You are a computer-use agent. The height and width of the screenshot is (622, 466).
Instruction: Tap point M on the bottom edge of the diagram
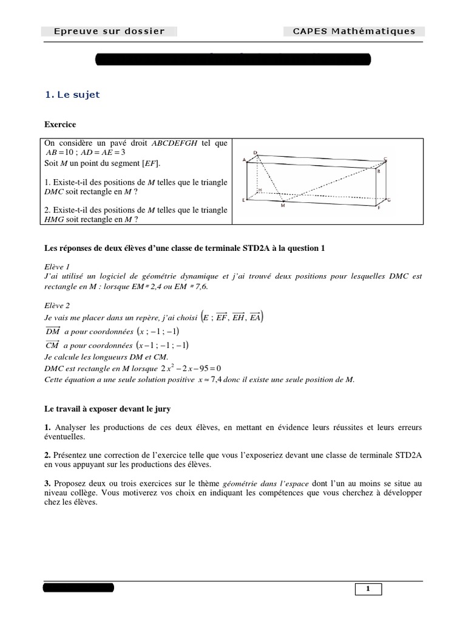283,206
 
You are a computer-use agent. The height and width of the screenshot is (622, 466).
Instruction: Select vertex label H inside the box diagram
260,190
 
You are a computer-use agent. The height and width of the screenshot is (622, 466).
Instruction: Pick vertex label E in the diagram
244,199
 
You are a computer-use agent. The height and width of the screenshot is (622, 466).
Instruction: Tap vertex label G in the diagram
388,199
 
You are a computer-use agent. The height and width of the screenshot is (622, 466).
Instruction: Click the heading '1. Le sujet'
73,94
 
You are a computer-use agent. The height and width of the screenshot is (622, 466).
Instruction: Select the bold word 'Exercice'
60,125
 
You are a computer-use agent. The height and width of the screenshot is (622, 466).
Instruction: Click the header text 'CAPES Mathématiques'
354,32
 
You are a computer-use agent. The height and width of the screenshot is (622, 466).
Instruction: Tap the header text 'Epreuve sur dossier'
109,32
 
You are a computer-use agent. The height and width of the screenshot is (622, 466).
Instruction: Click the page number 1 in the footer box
368,588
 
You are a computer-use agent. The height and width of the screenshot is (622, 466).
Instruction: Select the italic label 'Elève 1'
58,266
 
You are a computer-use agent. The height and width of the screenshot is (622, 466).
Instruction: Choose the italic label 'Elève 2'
58,306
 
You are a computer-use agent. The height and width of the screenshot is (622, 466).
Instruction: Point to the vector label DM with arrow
53,332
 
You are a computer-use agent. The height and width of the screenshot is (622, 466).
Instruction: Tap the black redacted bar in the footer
78,587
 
